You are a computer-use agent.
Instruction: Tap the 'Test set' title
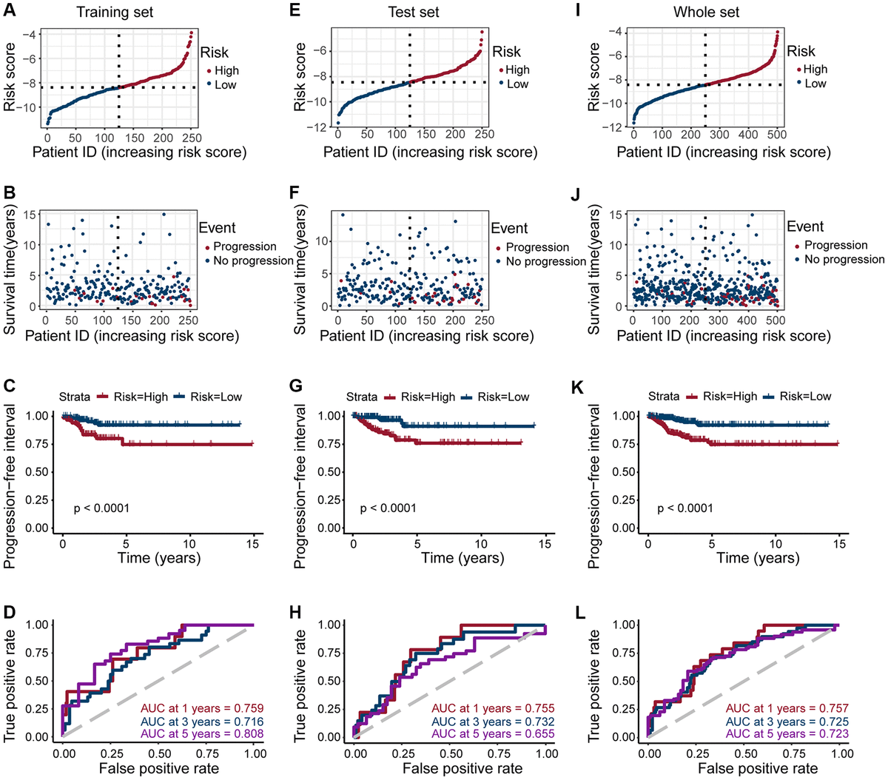[x=414, y=12]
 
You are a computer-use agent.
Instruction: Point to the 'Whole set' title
[x=706, y=12]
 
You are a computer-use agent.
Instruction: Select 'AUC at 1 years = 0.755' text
[x=493, y=708]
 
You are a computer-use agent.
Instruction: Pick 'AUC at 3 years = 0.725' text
[x=787, y=722]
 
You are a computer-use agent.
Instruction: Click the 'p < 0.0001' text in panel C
[x=101, y=508]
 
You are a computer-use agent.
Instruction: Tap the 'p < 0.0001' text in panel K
[x=685, y=508]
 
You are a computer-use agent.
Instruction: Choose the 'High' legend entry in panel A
[x=227, y=71]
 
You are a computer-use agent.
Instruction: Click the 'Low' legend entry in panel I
[x=815, y=84]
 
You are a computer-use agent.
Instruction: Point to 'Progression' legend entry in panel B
[x=245, y=246]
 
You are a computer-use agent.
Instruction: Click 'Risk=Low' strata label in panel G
[x=503, y=397]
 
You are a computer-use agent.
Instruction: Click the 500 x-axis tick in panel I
[x=777, y=135]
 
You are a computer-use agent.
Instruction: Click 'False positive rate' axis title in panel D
[x=159, y=769]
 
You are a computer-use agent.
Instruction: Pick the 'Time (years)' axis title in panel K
[x=744, y=558]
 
